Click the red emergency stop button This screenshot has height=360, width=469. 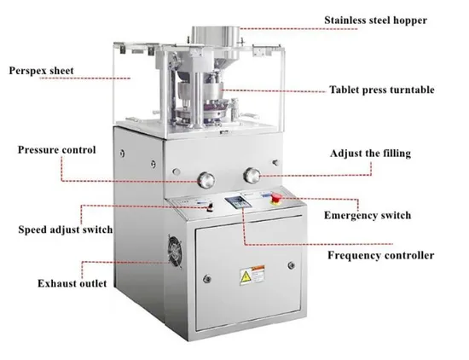coord(276,199)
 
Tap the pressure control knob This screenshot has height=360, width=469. coord(206,180)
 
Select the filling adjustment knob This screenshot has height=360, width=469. coord(252,176)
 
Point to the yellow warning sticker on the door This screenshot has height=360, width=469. coord(252,275)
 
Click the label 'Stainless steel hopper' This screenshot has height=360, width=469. coord(375,20)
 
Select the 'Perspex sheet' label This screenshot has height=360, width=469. coord(41,71)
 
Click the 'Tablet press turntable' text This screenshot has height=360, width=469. coord(382,90)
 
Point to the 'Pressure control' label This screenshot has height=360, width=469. coord(57,149)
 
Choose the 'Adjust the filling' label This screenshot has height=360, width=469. coord(370,154)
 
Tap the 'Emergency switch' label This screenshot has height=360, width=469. coord(368,215)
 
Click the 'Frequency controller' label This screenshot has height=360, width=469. coord(381,255)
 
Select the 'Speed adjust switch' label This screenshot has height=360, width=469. coord(65,229)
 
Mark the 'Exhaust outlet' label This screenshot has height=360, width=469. coord(72,283)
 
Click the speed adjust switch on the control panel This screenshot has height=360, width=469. coord(210,207)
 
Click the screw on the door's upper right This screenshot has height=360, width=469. coord(291,265)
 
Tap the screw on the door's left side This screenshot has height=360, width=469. coord(206,279)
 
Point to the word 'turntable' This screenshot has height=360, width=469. coord(412,90)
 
